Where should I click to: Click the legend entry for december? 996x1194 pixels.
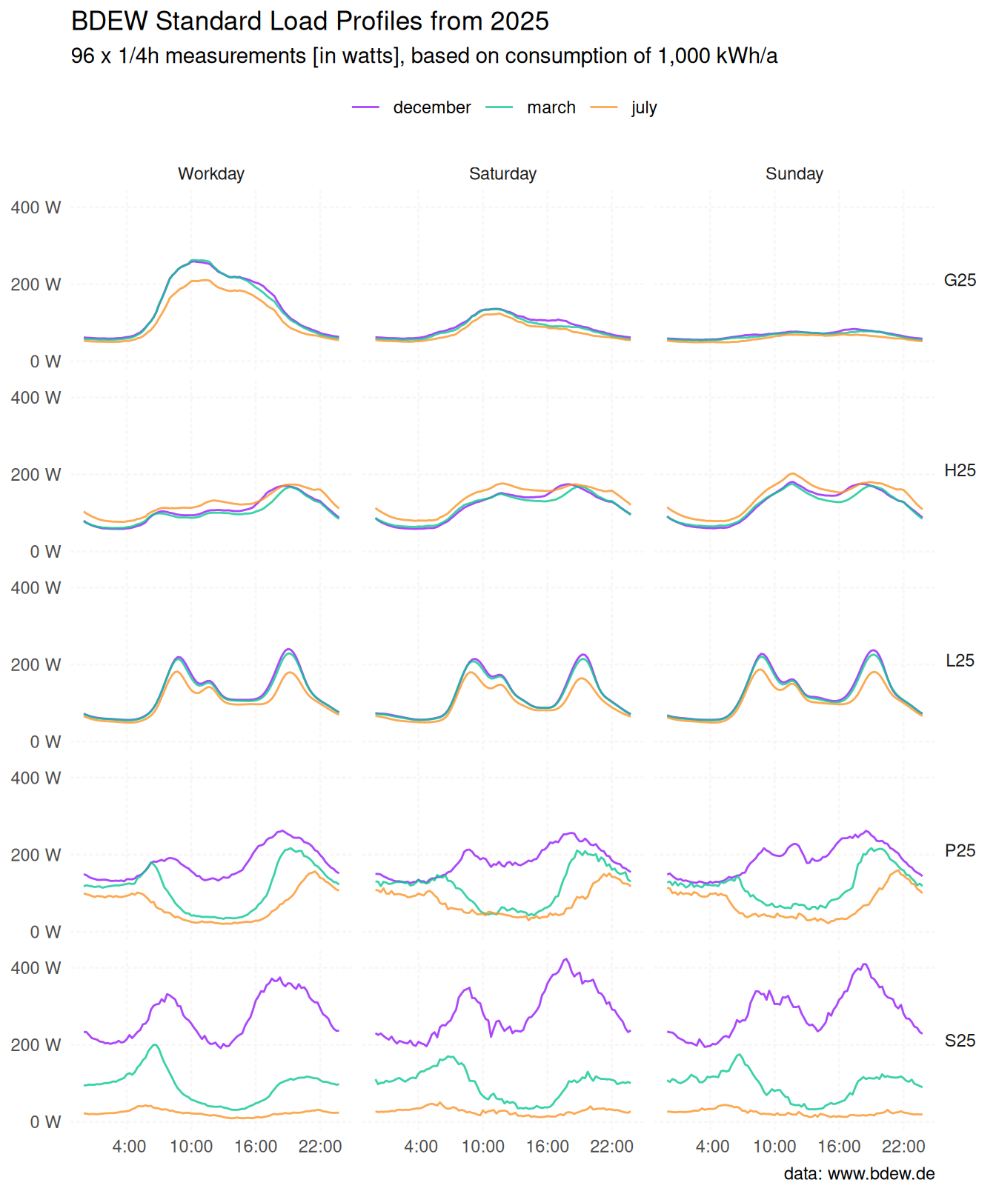pos(431,107)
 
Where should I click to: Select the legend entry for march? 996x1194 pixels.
pos(551,107)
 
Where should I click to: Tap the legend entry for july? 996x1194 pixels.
pos(643,107)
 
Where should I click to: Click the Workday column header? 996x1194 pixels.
pos(211,173)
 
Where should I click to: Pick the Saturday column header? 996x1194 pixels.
pos(502,173)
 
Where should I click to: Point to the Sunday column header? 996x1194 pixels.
pos(794,173)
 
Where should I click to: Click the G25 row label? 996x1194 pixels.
pos(960,280)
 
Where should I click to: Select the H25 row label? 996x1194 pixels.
pos(960,470)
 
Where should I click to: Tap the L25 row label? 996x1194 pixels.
pos(960,661)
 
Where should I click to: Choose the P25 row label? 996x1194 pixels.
pos(960,850)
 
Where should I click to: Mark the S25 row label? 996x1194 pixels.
pos(960,1041)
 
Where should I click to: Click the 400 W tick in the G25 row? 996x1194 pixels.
pos(36,207)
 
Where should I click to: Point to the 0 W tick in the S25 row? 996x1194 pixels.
pos(45,1122)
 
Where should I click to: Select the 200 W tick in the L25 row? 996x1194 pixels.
pos(36,664)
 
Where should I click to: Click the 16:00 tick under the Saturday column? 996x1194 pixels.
pos(547,1147)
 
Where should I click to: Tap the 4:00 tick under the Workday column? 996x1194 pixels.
pos(129,1147)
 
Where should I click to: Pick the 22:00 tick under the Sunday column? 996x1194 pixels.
pos(903,1147)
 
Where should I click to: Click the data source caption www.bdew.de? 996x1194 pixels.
pos(880,1173)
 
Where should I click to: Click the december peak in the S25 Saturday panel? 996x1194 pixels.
pos(565,959)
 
